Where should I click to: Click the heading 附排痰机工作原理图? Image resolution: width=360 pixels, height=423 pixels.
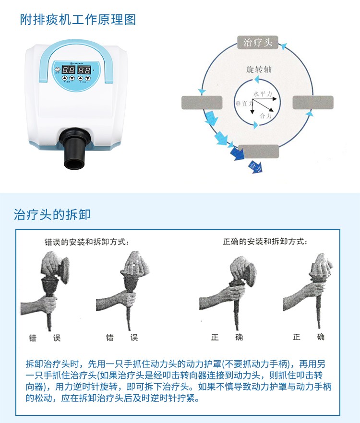point(78,20)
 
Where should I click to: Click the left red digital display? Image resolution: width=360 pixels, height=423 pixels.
point(69,70)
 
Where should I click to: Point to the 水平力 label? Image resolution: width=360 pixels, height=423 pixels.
point(263,94)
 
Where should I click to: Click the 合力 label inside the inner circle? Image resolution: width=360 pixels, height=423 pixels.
point(265,116)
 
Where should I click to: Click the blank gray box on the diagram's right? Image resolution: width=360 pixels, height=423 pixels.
point(312,103)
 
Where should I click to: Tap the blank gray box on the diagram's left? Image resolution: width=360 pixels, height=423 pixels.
point(202,103)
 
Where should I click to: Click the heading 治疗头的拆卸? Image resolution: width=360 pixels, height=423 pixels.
point(52,214)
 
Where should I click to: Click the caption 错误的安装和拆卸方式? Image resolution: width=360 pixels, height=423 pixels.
point(84,243)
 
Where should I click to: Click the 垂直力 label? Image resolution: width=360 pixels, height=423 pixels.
point(241,103)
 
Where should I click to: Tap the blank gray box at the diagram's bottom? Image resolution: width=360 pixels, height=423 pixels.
point(258,151)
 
